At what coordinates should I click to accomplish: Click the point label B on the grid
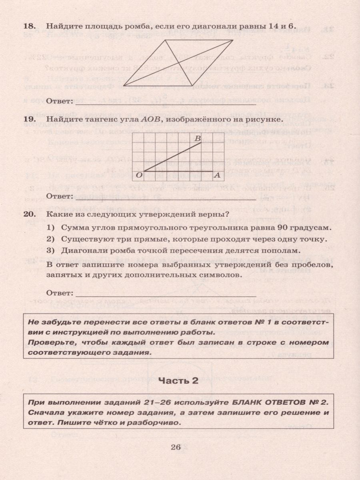[197, 138]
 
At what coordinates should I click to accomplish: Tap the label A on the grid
[217, 175]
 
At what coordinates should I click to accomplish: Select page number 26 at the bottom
[176, 447]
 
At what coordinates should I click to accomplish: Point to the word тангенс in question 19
[101, 119]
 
